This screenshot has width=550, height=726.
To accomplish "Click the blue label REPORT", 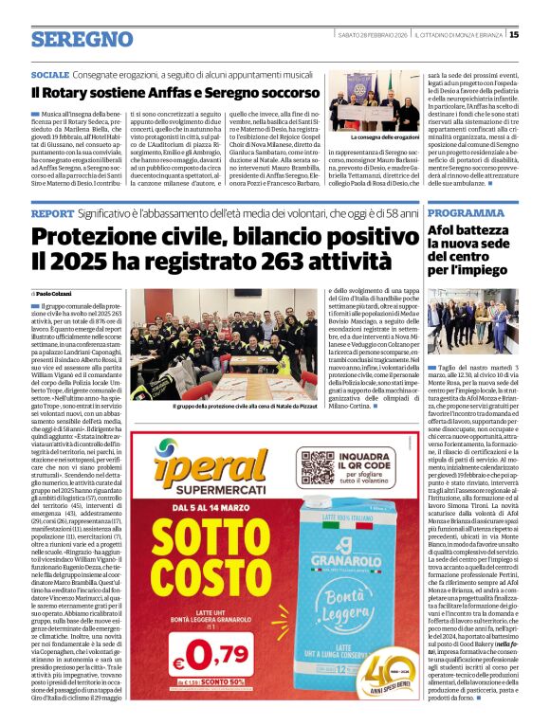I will (x=51, y=214).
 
